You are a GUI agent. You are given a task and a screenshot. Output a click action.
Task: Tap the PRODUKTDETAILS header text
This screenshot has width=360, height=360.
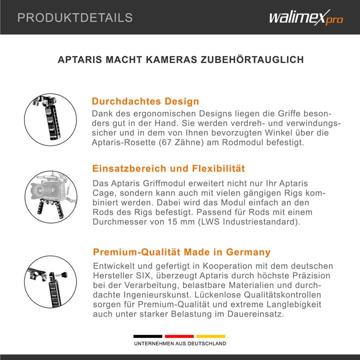tap(75, 18)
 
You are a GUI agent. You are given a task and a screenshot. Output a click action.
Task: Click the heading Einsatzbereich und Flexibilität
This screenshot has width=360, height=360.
tap(168, 168)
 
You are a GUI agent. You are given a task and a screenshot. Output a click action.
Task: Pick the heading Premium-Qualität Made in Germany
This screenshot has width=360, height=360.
tap(181, 252)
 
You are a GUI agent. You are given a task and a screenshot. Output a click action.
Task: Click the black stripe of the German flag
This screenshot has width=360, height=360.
tap(147, 336)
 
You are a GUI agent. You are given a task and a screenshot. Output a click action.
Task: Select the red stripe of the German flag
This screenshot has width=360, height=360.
tap(179, 336)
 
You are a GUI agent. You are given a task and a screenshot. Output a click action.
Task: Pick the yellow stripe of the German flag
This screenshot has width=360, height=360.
tap(211, 336)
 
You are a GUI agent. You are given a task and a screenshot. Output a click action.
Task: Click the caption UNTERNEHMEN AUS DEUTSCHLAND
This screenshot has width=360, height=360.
tap(179, 344)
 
